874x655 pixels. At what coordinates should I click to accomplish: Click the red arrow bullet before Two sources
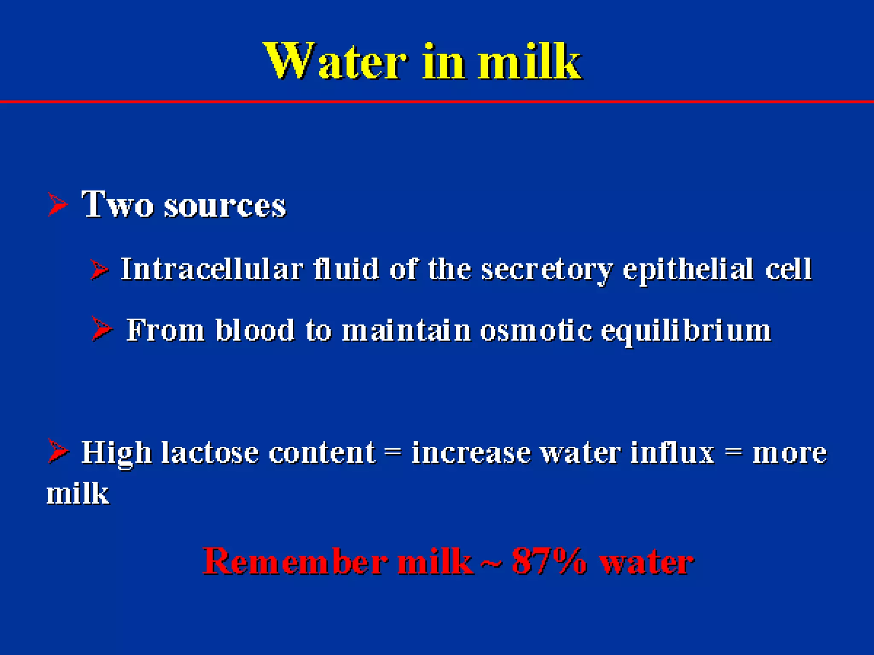point(57,204)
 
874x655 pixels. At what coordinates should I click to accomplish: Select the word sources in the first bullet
point(225,206)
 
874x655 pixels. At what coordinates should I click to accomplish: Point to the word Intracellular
point(212,269)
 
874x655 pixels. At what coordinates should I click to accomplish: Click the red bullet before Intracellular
point(100,270)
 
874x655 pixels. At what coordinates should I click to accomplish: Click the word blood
point(255,330)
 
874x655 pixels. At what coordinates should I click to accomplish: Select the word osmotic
point(536,330)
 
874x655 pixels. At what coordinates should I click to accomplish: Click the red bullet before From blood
point(102,329)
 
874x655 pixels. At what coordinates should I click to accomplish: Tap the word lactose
point(210,452)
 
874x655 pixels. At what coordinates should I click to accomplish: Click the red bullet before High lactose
point(58,451)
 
